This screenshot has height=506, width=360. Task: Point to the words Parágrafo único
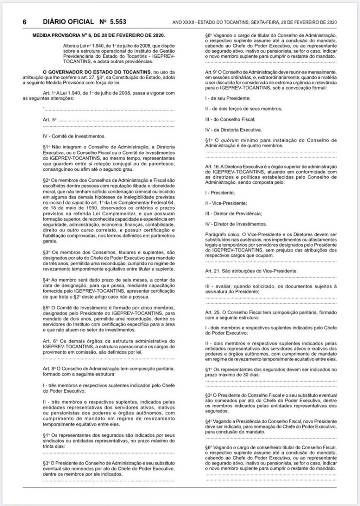221,233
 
